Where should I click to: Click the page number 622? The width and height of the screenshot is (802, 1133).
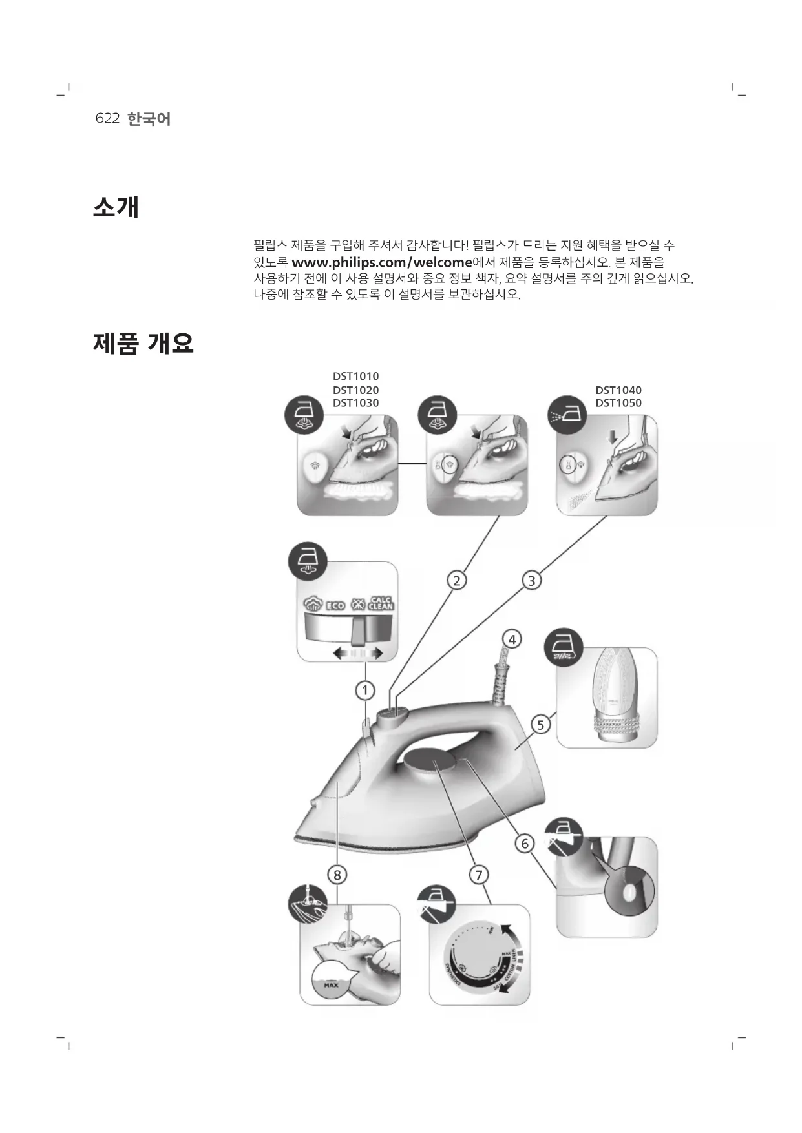(x=107, y=119)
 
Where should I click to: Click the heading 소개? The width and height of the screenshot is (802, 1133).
(x=116, y=207)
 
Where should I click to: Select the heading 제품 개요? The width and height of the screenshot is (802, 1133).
(x=143, y=343)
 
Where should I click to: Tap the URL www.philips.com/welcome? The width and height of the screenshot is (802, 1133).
(x=382, y=263)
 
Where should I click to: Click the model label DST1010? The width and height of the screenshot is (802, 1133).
(x=355, y=377)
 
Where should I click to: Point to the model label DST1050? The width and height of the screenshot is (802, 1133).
(x=618, y=403)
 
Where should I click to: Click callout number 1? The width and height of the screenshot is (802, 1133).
(x=365, y=691)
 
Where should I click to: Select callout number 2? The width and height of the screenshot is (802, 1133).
(x=456, y=581)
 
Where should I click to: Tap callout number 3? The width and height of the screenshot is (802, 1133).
(x=531, y=581)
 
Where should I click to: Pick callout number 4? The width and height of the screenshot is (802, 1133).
(x=512, y=639)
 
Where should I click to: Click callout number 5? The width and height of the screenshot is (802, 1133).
(x=541, y=725)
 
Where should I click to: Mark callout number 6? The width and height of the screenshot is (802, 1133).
(x=525, y=844)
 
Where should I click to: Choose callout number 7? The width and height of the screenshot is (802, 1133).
(x=479, y=875)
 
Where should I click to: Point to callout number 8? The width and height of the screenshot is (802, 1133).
(x=337, y=875)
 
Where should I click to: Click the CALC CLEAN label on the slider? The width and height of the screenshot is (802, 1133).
(x=381, y=603)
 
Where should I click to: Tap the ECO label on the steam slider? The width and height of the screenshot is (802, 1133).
(x=335, y=606)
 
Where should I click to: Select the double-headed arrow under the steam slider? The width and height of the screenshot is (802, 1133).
(x=358, y=654)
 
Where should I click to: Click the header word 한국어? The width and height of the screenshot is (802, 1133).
(x=149, y=119)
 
